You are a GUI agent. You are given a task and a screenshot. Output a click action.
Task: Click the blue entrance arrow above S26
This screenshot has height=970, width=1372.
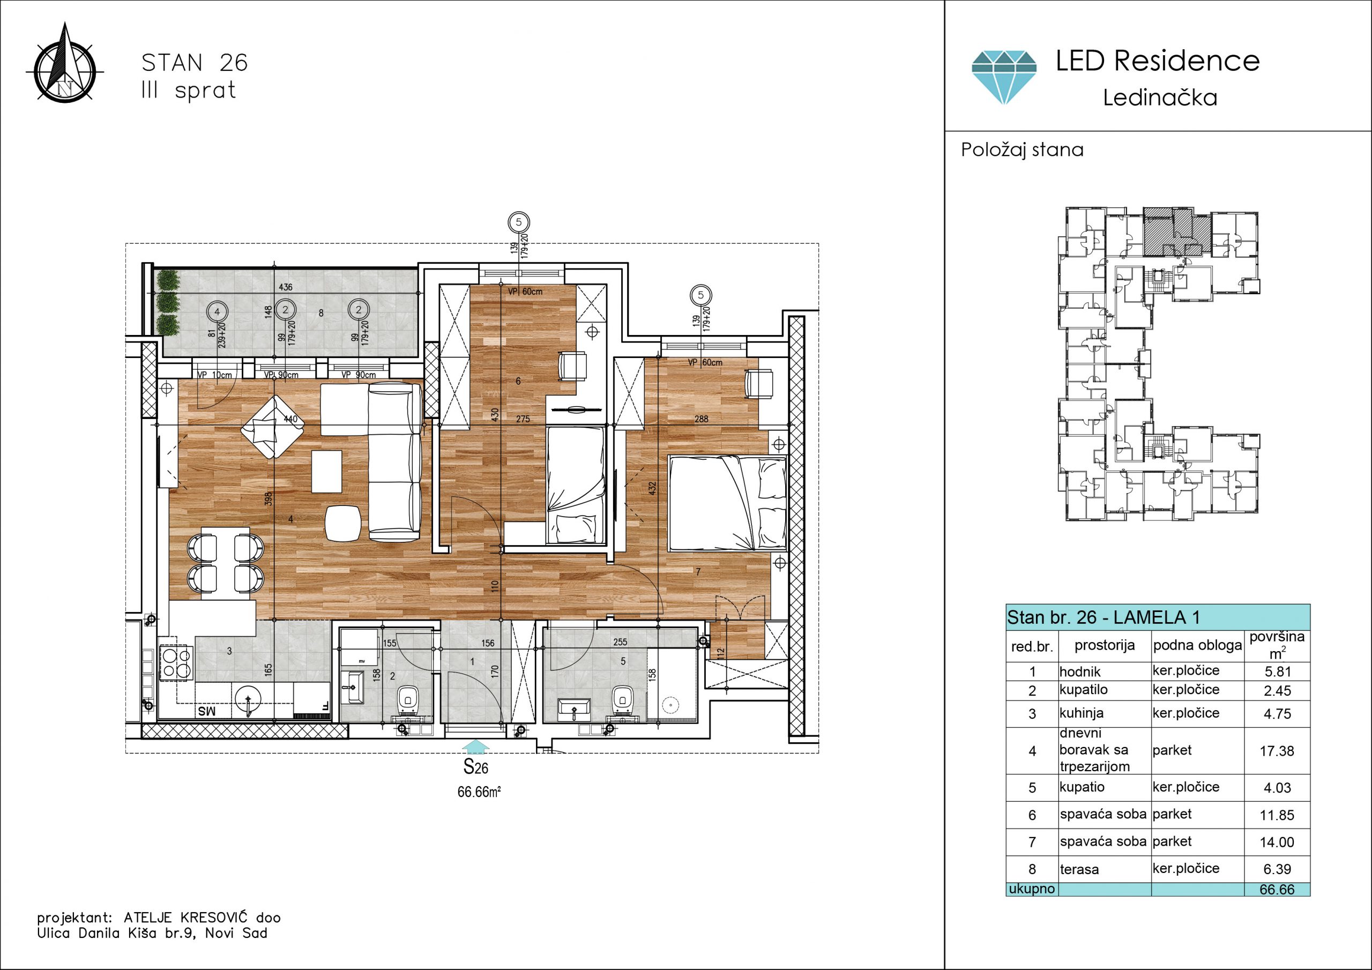476,747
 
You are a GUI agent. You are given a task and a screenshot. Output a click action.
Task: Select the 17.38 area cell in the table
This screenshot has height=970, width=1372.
1277,751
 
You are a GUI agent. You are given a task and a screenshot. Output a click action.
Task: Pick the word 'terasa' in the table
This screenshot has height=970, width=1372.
1079,870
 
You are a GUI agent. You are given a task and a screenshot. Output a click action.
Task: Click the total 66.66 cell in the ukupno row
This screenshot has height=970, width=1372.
1277,889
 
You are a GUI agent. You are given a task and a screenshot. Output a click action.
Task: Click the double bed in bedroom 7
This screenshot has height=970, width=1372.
727,503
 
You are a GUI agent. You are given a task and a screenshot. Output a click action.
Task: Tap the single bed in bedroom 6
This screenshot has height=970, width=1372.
576,484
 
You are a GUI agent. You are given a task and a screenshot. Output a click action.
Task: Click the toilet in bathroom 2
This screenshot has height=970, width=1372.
408,700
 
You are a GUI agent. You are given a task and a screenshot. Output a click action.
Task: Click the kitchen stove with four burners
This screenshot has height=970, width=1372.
176,663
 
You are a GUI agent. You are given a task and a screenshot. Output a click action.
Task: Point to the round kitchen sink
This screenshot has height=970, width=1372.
248,700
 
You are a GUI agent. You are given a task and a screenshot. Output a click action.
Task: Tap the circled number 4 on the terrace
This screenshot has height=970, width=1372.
217,311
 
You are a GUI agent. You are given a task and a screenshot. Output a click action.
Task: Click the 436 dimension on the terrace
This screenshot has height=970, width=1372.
286,287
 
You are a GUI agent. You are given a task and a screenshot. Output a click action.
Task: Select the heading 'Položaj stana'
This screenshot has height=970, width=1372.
1022,150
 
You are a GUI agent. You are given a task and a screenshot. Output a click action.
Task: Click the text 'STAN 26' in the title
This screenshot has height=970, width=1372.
194,63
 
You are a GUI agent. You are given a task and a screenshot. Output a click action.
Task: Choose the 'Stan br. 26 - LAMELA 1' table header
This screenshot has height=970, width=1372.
1103,617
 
